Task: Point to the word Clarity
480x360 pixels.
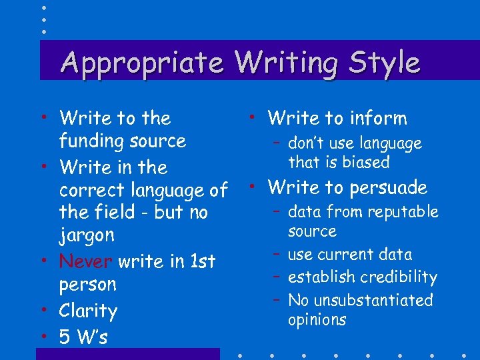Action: coord(88,311)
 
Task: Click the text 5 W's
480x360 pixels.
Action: coord(83,337)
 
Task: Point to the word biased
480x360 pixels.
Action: coord(365,163)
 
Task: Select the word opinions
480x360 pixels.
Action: coord(317,320)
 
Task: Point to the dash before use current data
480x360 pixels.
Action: coord(275,253)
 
